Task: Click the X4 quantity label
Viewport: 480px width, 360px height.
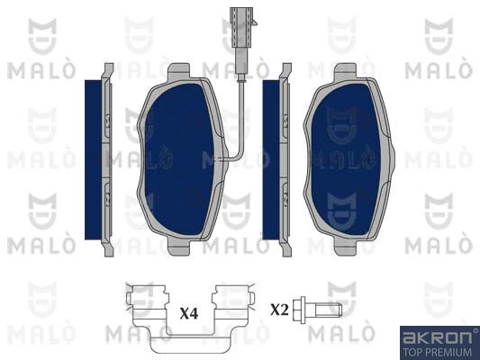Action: coord(189,313)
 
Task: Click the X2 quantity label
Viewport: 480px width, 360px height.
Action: coord(279,310)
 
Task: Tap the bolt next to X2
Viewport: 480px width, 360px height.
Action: coord(317,310)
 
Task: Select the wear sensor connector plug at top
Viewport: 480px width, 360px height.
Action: coord(243,27)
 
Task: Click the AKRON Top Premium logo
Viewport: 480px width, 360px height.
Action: coord(439,343)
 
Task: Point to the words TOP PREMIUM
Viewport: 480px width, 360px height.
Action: coord(438,352)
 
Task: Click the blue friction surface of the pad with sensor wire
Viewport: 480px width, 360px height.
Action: coord(178,159)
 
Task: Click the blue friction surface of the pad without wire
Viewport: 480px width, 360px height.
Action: coord(345,159)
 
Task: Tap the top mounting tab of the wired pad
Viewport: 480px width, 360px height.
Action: coord(179,73)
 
